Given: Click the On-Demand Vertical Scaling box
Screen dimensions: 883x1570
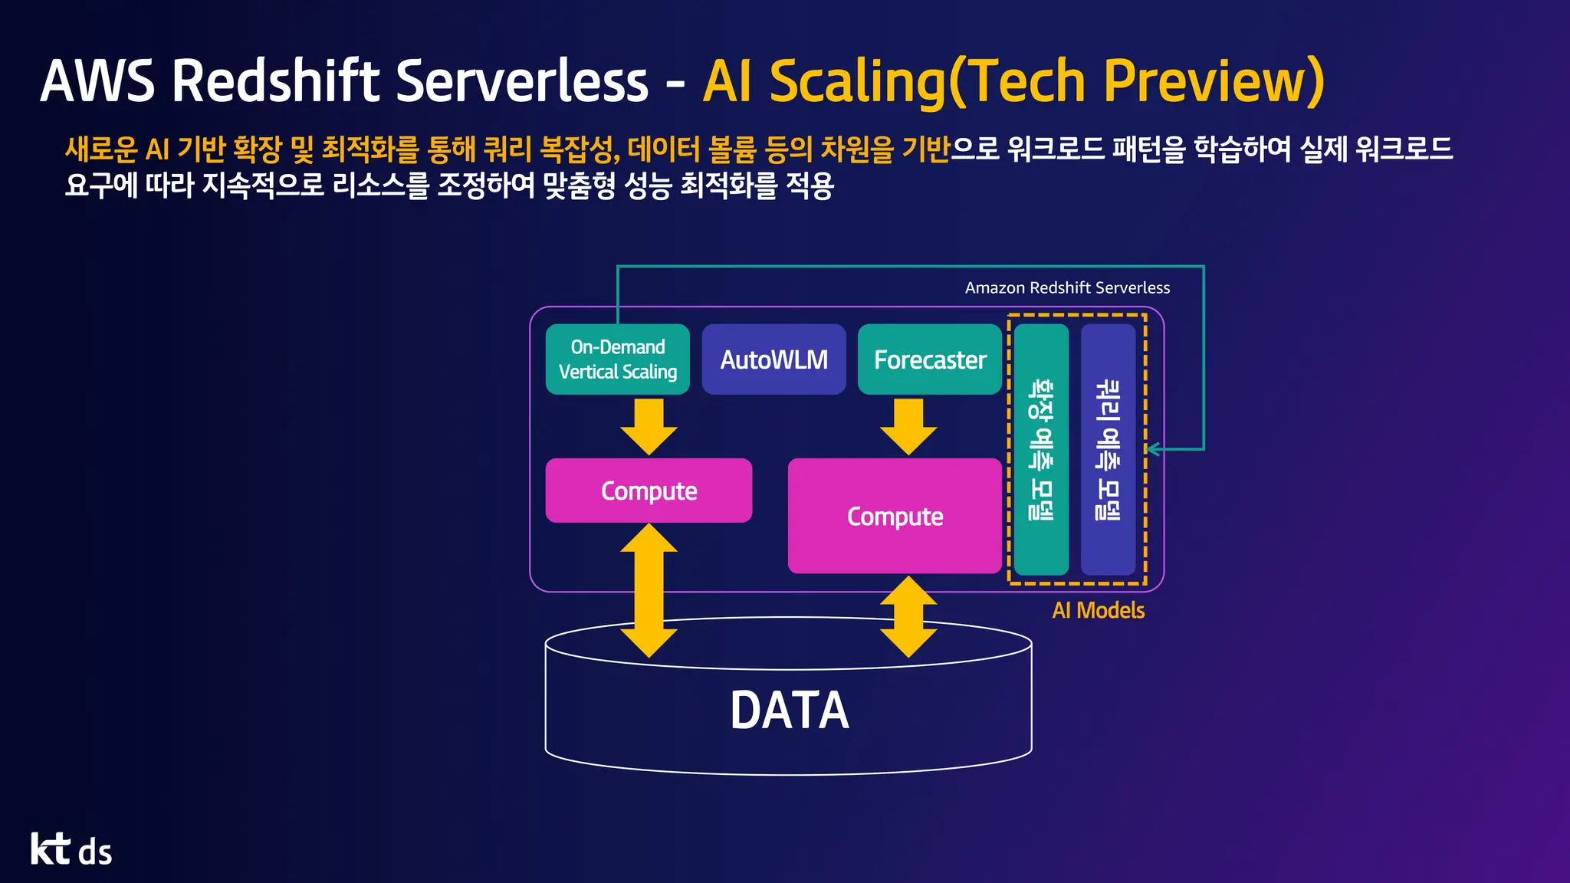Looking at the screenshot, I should coord(617,359).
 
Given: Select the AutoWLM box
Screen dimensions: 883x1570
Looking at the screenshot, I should coord(774,359).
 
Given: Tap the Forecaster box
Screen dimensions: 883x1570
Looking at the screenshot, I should coord(929,359).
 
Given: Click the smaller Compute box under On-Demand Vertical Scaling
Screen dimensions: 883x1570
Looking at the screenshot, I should coord(649,491).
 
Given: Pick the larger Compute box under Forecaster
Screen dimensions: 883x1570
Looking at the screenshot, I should coord(895,516).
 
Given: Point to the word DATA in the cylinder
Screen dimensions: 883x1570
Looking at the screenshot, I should coord(789,710).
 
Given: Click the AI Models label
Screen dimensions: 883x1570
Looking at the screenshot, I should coord(1098,610).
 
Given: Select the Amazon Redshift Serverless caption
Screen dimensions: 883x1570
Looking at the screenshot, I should coord(1067,287).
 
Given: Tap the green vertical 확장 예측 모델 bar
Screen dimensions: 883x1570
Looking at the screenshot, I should coord(1041,449).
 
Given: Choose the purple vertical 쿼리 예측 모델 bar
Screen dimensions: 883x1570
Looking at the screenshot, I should coord(1108,449).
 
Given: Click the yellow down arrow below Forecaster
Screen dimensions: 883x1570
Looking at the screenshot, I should coord(908,426).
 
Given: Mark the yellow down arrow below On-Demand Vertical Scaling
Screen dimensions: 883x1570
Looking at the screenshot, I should coord(649,426).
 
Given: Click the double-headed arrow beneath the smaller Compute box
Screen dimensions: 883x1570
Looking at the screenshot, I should coord(649,590).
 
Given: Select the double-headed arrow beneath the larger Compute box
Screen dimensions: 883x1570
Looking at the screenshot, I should coord(908,616).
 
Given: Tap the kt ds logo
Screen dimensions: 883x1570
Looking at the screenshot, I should coord(71,849).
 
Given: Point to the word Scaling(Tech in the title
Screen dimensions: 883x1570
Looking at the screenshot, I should coord(927,81).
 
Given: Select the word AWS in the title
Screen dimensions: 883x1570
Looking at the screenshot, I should coord(97,80).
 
